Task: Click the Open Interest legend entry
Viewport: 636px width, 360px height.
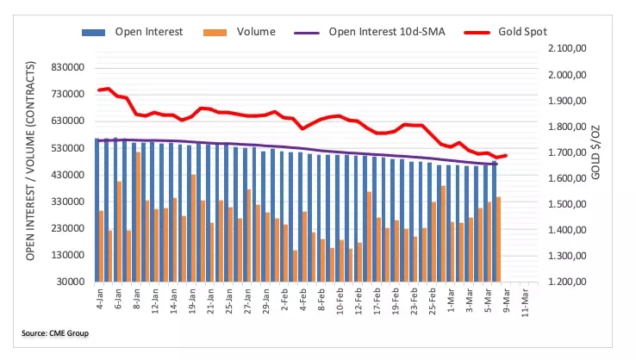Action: click(142, 32)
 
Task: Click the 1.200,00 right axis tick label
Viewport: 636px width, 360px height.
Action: click(565, 282)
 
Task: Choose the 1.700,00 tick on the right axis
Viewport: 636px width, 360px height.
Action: click(565, 153)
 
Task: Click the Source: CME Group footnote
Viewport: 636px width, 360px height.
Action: click(56, 332)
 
